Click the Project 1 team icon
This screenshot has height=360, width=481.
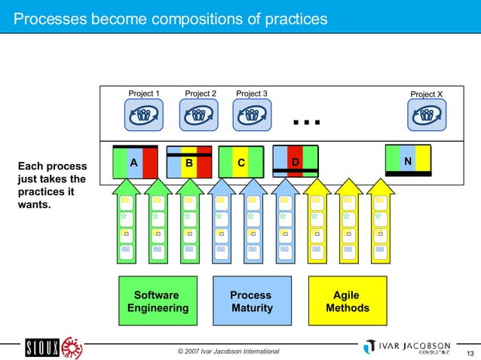143,115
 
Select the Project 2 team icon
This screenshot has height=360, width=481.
198,115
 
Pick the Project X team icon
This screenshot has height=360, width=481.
427,115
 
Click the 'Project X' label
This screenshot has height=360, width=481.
427,94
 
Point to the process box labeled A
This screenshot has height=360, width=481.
134,162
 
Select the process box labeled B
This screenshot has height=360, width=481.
189,162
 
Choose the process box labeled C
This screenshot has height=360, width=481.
240,162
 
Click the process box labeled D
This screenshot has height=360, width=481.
295,161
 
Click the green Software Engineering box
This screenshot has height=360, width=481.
158,302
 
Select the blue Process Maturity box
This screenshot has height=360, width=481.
252,302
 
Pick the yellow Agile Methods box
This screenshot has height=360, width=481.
348,302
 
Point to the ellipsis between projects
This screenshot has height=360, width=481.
307,121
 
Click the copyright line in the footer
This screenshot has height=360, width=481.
228,352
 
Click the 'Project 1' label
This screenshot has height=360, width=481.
143,94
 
